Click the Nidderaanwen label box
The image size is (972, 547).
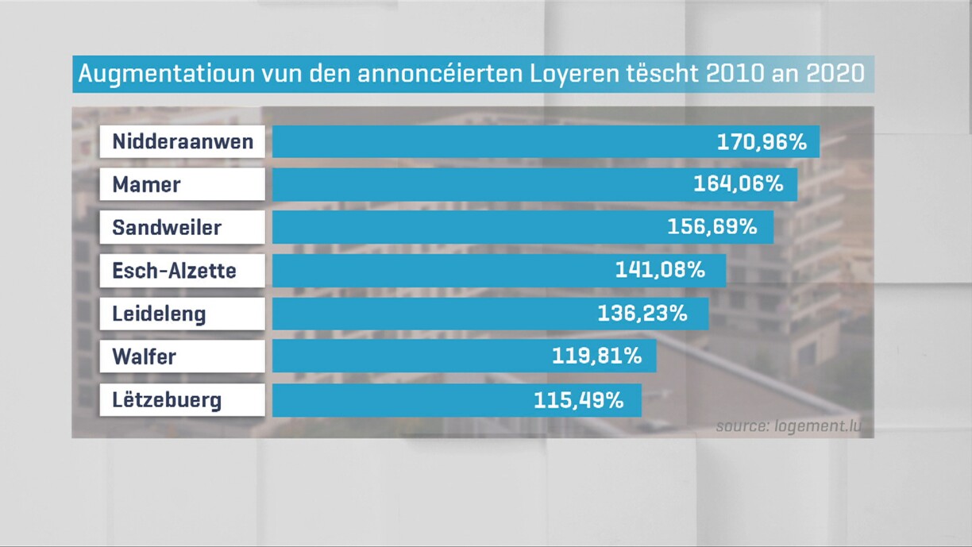[183, 142]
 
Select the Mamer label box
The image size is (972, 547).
[183, 185]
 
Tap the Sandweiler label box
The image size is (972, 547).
[183, 228]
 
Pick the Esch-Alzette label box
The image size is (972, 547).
[183, 271]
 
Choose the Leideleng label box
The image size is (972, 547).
[183, 314]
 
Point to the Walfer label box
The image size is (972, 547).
[183, 356]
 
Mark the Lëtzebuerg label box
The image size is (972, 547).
[183, 399]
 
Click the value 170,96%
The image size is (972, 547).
[762, 142]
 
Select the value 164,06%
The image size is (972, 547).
[739, 185]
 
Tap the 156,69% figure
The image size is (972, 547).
[712, 228]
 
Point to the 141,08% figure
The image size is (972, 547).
[660, 271]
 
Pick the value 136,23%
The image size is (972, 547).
[642, 314]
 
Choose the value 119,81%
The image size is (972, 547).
[596, 356]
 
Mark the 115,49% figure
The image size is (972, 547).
[578, 399]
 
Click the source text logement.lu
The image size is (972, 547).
[788, 426]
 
